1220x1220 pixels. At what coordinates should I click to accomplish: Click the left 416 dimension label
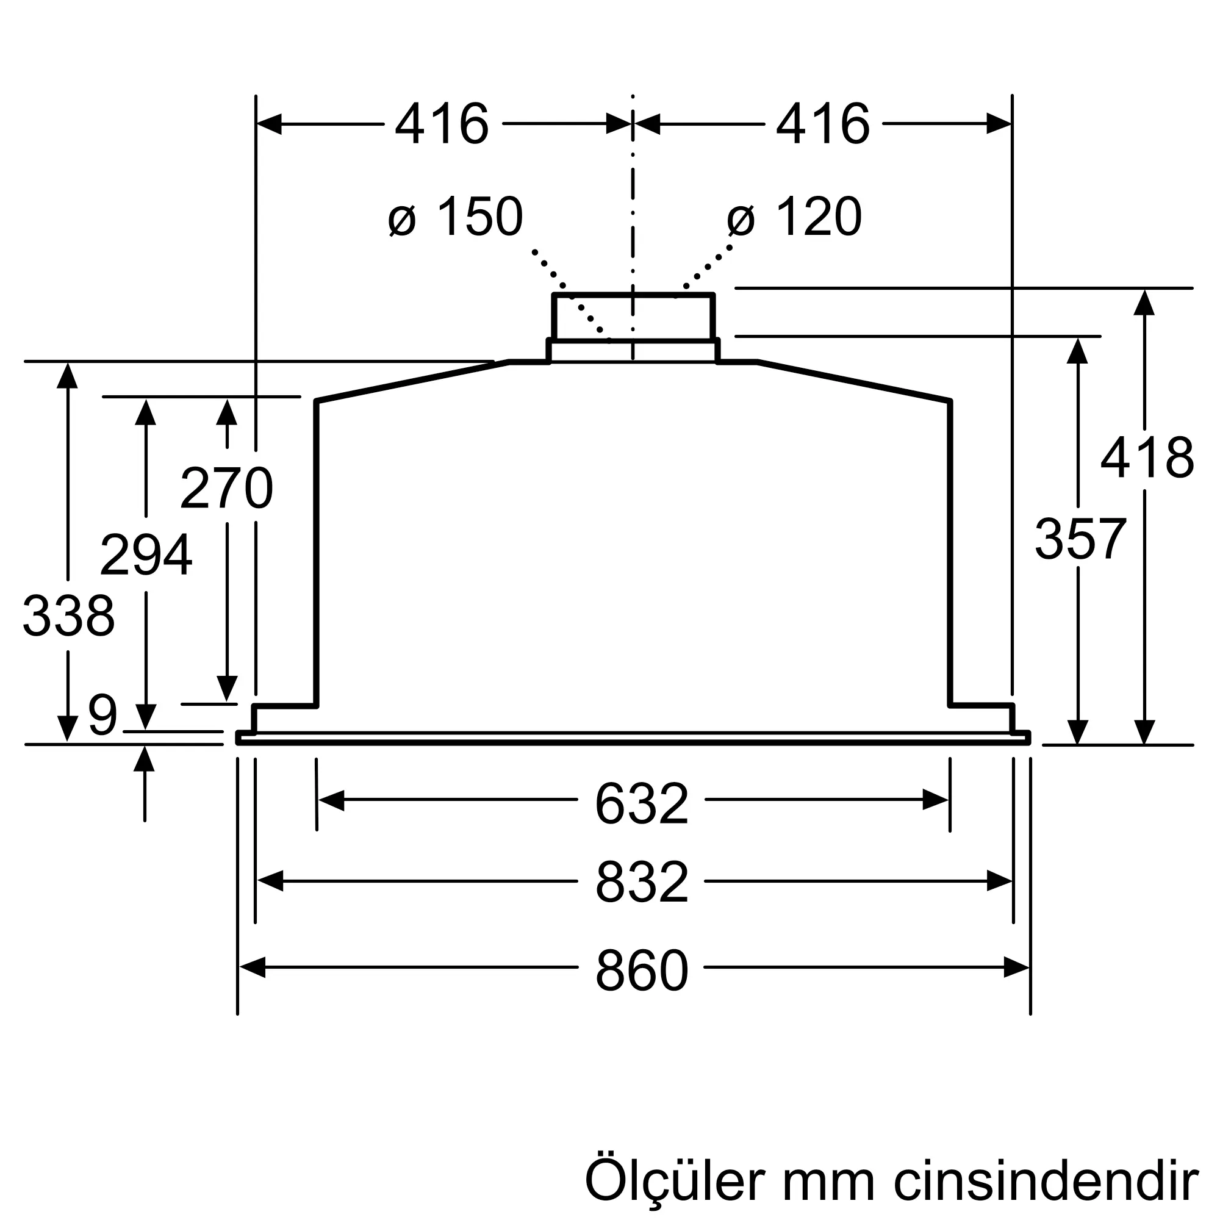442,124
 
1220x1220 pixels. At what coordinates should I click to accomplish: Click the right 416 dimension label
823,124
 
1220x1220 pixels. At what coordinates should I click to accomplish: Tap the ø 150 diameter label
455,217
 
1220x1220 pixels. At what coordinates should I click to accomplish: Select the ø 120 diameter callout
794,217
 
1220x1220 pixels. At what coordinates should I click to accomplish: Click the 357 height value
1080,539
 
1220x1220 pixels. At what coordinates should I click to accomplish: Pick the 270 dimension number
226,487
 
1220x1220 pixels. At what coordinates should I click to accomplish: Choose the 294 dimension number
146,554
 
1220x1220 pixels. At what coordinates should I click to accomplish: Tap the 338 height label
68,615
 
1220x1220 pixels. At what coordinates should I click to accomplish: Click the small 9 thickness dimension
103,715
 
